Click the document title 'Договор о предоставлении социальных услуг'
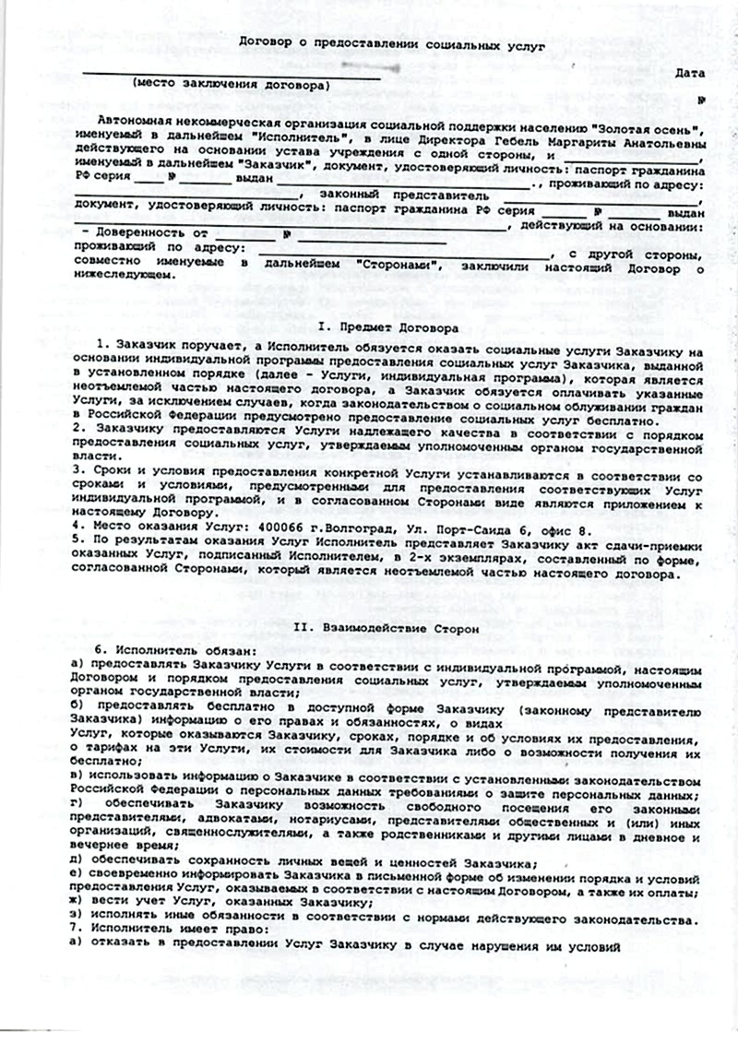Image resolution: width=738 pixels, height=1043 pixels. click(392, 42)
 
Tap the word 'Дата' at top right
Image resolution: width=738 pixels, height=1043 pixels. click(690, 72)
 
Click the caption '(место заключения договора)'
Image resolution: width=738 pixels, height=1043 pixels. click(231, 84)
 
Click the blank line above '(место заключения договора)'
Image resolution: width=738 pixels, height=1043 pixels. click(231, 72)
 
